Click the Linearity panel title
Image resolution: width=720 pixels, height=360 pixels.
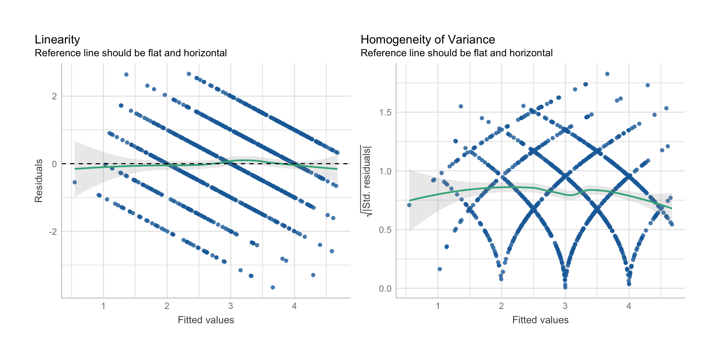[57, 40]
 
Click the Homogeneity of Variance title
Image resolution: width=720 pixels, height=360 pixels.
[427, 40]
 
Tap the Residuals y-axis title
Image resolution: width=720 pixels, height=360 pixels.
[39, 181]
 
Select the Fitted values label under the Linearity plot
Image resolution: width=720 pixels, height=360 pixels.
[206, 320]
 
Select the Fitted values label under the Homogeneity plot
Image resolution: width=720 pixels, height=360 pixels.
[540, 320]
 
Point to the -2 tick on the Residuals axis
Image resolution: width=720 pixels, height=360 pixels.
[53, 232]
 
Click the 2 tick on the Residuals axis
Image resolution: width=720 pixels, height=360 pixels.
[55, 96]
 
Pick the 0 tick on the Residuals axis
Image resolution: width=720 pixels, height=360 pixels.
[55, 164]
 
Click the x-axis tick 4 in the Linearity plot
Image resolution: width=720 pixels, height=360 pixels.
[294, 306]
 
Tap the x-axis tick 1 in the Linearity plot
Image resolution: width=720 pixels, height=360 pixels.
[103, 306]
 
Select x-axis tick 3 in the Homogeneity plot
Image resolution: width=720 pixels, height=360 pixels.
[565, 306]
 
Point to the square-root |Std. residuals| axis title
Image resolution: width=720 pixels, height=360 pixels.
[366, 181]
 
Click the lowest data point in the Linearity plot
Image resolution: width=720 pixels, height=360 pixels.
[273, 287]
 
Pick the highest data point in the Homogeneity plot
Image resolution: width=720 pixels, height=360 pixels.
[607, 74]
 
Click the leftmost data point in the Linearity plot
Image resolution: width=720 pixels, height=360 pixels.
[75, 182]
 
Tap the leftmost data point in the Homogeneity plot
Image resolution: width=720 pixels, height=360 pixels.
[409, 205]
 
